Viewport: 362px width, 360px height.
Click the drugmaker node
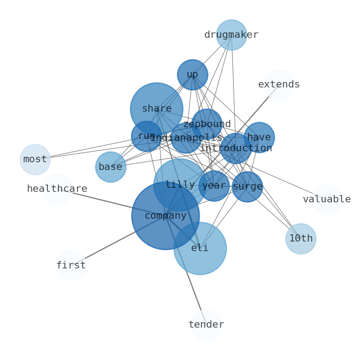point(231,35)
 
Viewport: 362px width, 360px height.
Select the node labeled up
point(192,75)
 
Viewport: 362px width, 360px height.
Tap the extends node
point(279,85)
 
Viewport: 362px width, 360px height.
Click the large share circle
point(156,109)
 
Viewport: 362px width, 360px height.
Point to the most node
point(35,159)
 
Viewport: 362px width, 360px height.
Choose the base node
point(110,167)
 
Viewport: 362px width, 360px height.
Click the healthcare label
point(57,189)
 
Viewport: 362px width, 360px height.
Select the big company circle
point(165,216)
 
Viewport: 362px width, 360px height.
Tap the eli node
point(200,248)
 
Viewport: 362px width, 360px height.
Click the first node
point(71,265)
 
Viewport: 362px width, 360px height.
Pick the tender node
point(206,325)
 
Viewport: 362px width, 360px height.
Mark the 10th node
point(301,239)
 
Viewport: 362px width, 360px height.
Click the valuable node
point(327,200)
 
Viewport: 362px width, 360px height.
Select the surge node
point(247,186)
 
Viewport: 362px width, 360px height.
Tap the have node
point(259,137)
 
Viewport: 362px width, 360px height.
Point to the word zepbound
point(207,124)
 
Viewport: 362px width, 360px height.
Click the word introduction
point(236,149)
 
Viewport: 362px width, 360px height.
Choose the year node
point(214,186)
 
